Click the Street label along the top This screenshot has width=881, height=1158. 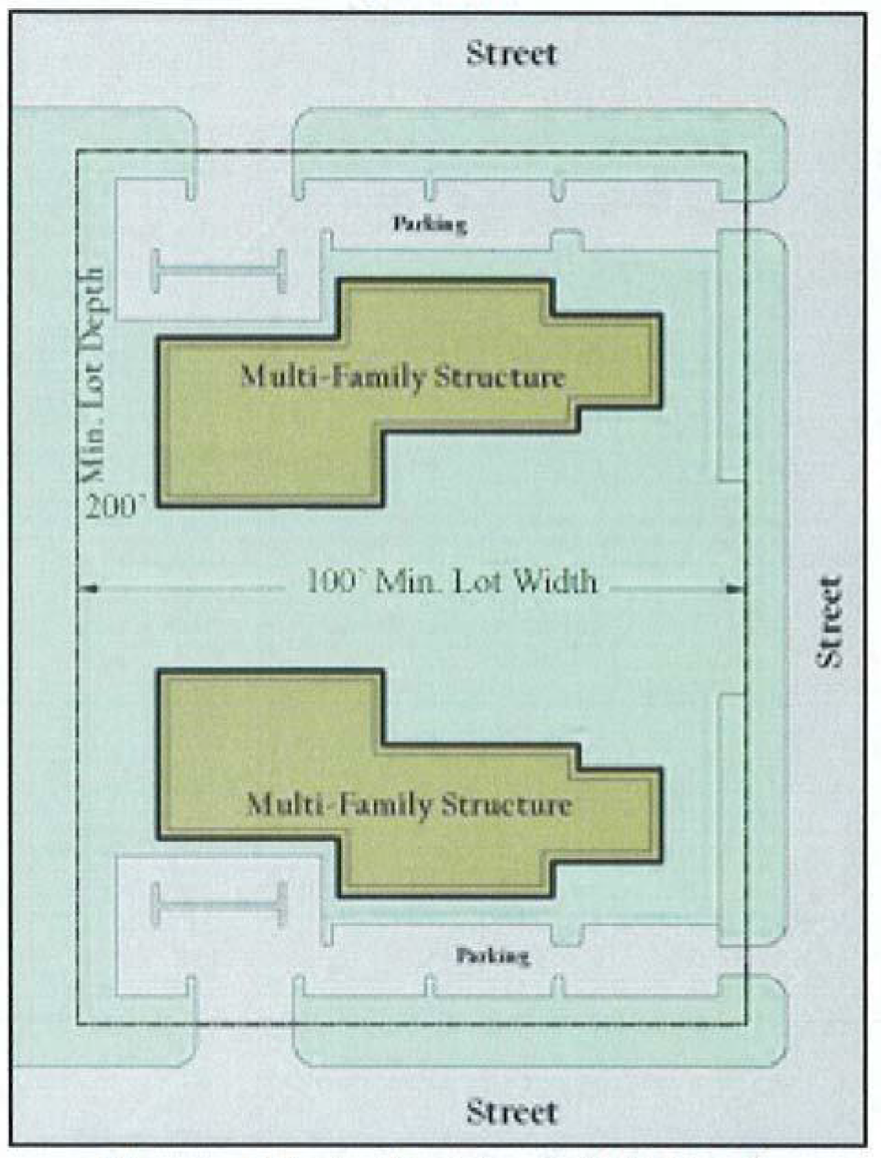[x=512, y=54]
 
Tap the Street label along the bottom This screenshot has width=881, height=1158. [x=512, y=1112]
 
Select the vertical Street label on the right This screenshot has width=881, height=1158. [x=828, y=623]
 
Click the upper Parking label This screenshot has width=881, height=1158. [x=430, y=225]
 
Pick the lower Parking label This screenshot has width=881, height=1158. [x=492, y=955]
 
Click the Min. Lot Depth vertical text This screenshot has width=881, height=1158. [x=96, y=376]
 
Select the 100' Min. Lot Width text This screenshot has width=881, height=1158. [x=452, y=581]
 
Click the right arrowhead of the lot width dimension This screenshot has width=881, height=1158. [x=735, y=589]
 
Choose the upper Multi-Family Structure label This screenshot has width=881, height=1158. [x=403, y=378]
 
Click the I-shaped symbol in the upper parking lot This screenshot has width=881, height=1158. [x=219, y=271]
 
